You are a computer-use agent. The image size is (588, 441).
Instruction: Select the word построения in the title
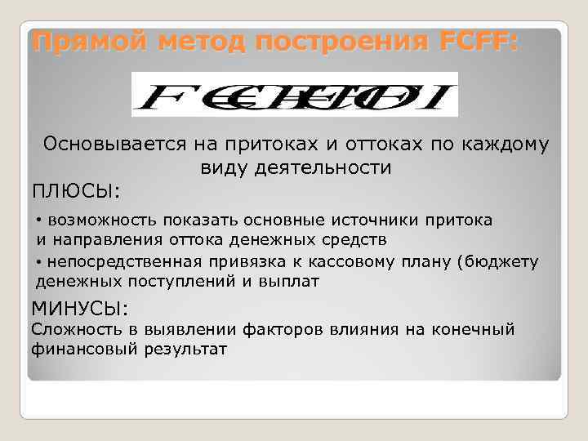[332, 42]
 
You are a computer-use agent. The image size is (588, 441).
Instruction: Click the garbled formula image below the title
[295, 94]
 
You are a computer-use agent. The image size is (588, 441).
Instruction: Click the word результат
[187, 350]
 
